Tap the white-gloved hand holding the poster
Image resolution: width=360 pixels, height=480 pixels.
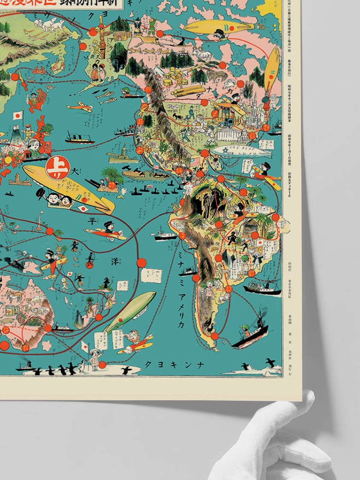pos(272,443)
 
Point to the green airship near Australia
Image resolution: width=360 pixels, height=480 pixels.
pos(130,311)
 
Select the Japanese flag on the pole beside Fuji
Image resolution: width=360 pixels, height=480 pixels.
pos(18,116)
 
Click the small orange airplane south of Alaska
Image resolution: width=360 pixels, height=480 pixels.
pos(79,107)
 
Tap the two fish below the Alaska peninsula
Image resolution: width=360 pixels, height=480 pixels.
pos(107,98)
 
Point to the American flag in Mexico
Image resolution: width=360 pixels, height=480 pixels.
pos(195,162)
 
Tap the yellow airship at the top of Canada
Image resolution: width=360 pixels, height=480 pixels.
pos(218,27)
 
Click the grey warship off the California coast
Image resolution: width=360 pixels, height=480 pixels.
pos(118,158)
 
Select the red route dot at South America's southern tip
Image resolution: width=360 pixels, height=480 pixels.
pos(214,336)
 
